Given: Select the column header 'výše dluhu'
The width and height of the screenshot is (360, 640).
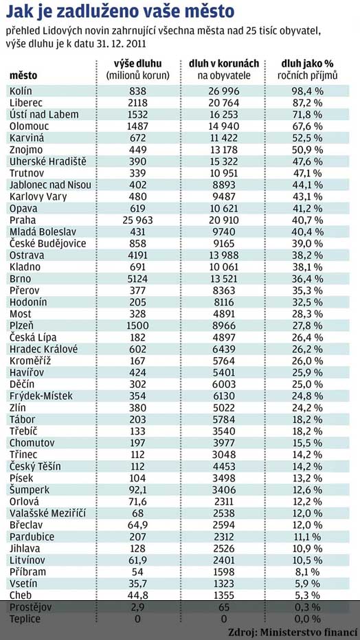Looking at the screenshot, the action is (137, 64).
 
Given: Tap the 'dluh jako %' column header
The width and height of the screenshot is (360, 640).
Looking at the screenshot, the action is (307, 64).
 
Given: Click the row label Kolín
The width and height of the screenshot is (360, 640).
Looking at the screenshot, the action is (21, 91).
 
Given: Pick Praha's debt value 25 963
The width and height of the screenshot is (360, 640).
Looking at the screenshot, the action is (137, 220).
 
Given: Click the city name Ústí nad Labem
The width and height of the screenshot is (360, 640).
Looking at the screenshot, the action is (44, 114).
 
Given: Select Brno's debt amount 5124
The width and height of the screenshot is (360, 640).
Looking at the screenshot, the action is (137, 279).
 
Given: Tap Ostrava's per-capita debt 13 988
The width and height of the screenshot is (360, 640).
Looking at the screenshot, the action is (223, 255).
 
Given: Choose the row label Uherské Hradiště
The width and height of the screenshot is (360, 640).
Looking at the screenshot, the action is (48, 161).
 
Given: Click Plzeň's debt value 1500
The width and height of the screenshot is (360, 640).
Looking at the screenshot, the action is (137, 325).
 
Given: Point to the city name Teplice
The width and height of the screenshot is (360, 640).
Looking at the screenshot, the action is (25, 619).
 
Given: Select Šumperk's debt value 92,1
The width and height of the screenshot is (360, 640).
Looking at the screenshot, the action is (137, 490).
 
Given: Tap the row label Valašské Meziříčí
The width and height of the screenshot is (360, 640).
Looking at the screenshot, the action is (48, 513).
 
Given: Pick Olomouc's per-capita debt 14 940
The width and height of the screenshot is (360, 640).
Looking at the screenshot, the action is (223, 126).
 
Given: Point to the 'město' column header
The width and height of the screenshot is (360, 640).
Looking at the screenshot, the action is (23, 76).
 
